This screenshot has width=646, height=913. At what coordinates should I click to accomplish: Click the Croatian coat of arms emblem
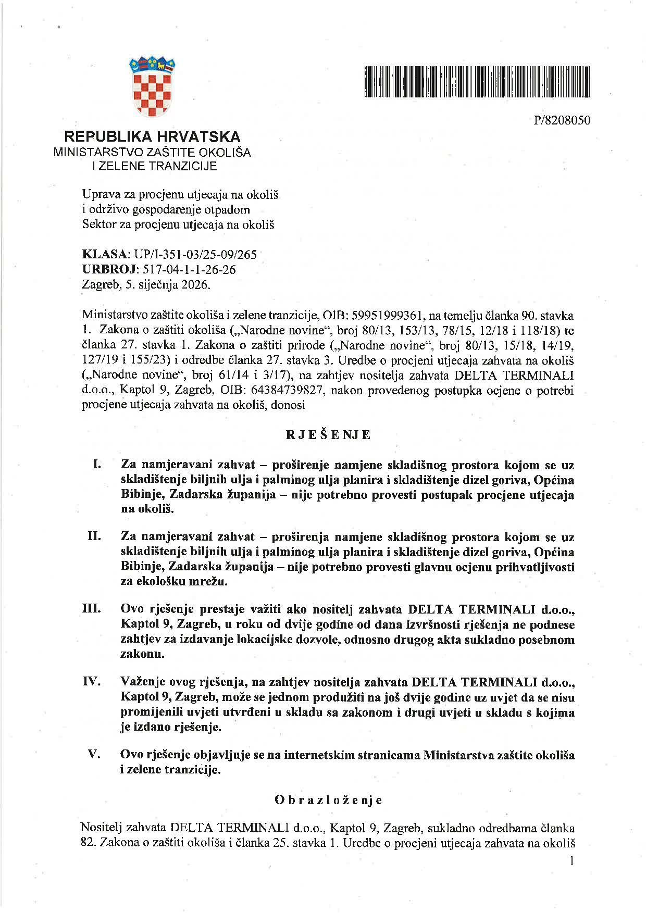pos(152,87)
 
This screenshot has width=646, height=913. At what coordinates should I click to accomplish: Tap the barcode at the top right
pos(477,82)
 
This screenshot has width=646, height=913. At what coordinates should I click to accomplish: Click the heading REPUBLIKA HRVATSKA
pos(152,137)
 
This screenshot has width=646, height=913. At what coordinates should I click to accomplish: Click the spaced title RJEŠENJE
pos(328,435)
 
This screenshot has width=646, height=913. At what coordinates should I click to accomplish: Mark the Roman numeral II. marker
pos(94,536)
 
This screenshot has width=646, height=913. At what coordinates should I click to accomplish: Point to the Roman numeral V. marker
pos(94,754)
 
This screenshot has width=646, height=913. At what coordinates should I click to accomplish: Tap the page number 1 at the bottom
pos(572,860)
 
